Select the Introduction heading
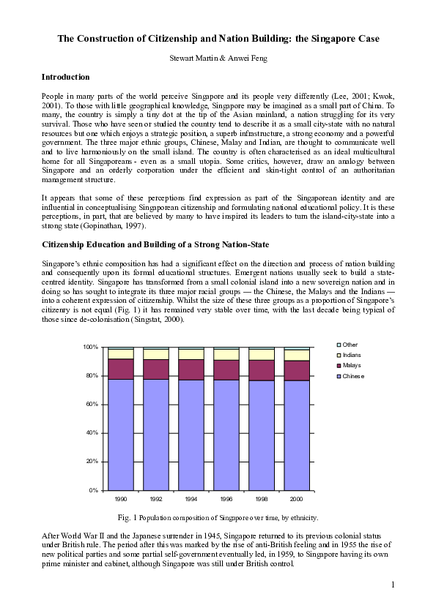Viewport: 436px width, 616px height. coord(66,77)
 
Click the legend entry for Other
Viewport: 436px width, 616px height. coord(350,344)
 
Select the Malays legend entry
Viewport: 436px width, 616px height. coord(352,365)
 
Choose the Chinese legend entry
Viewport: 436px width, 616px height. coord(353,376)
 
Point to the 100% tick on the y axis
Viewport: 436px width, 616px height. coord(91,347)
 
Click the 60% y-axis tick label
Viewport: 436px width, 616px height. coord(92,404)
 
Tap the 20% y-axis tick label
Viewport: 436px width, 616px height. coord(92,462)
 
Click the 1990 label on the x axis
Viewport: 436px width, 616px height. coord(121,500)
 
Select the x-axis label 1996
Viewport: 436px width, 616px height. coord(226,500)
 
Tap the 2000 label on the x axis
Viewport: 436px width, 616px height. coord(297,500)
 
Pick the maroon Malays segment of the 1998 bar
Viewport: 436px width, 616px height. coord(262,370)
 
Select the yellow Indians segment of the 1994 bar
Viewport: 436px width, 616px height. coord(191,354)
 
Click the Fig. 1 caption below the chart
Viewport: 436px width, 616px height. coord(218,518)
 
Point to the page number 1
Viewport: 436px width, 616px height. coord(393,584)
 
